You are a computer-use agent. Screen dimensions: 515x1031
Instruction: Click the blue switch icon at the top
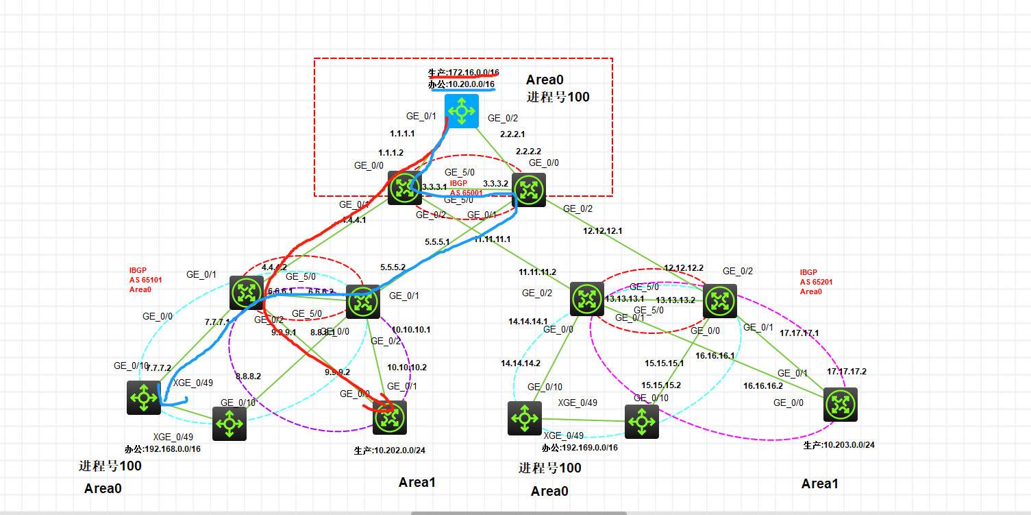pyautogui.click(x=461, y=110)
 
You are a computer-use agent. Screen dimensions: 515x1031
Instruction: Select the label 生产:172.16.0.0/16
pyautogui.click(x=463, y=72)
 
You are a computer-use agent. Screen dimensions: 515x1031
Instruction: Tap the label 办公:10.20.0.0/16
pyautogui.click(x=461, y=84)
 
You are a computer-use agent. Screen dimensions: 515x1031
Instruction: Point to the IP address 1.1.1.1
pyautogui.click(x=403, y=135)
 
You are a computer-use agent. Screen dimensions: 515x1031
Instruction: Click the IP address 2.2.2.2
pyautogui.click(x=528, y=151)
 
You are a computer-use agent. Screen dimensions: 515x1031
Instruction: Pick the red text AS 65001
pyautogui.click(x=466, y=193)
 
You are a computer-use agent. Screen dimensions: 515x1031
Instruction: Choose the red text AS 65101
pyautogui.click(x=143, y=280)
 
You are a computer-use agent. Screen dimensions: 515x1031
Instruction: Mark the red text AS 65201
pyautogui.click(x=814, y=282)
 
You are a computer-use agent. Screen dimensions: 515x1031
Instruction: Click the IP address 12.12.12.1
pyautogui.click(x=602, y=231)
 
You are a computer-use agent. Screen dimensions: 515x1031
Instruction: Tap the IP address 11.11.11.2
pyautogui.click(x=537, y=272)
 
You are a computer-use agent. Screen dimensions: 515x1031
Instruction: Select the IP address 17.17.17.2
pyautogui.click(x=846, y=372)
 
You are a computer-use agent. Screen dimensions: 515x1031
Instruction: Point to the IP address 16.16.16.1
pyautogui.click(x=715, y=356)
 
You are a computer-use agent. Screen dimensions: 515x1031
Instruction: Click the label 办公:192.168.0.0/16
pyautogui.click(x=162, y=450)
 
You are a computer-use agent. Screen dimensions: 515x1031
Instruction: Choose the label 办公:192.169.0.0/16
pyautogui.click(x=580, y=447)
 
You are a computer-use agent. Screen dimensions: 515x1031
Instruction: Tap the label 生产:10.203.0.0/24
pyautogui.click(x=839, y=445)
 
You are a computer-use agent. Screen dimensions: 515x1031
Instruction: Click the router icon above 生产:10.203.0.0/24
pyautogui.click(x=840, y=405)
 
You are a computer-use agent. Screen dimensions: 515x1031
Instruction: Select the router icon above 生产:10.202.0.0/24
pyautogui.click(x=390, y=418)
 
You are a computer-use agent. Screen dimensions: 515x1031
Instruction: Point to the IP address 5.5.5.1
pyautogui.click(x=437, y=243)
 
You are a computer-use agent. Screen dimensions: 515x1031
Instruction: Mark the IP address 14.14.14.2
pyautogui.click(x=520, y=363)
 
